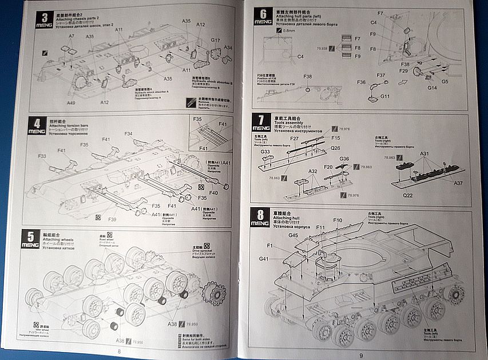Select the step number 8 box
pos(260,217)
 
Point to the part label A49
pos(71,103)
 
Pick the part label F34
pos(128,134)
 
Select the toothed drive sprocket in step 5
pos(213,293)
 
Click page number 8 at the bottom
pos(119,351)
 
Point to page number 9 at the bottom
pos(361,354)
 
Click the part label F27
pos(294,139)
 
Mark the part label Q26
pos(335,147)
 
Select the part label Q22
pos(407,195)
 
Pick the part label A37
pos(458,183)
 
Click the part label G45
pos(293,235)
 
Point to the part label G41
pos(263,259)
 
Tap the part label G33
pos(265,152)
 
